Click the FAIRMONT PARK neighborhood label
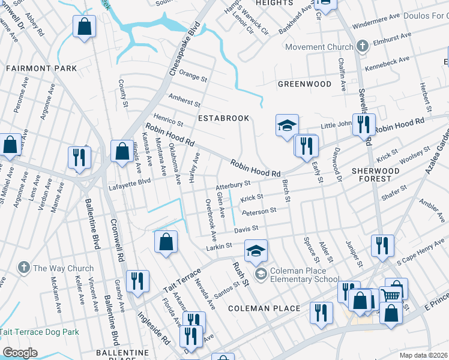coord(41,68)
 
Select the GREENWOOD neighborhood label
coord(304,84)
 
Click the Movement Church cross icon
coord(362,46)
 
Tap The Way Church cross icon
coord(23,268)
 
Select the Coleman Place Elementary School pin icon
coord(261,274)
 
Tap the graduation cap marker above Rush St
coord(256,250)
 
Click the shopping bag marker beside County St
coord(84,26)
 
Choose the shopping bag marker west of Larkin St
coord(166,241)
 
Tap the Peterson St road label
coord(259,211)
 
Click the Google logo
coord(20,353)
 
